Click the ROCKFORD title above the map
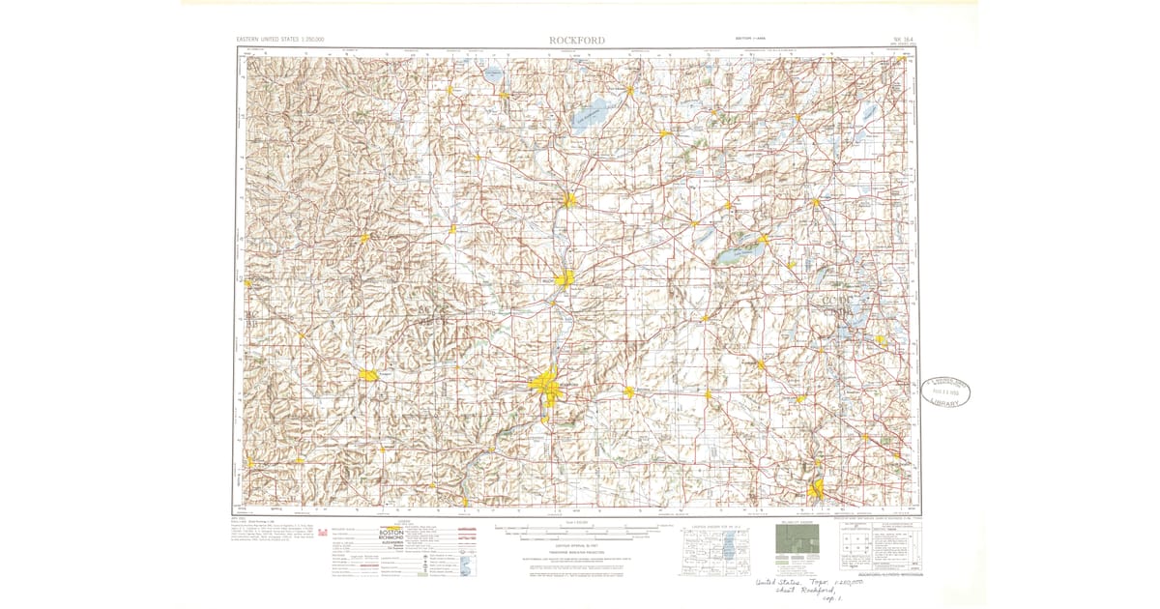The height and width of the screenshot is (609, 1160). [x=578, y=40]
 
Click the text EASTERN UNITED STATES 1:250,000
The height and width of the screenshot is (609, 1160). [x=280, y=40]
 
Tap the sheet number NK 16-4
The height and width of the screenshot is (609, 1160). [x=901, y=41]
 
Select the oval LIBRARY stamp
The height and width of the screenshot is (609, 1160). [x=944, y=391]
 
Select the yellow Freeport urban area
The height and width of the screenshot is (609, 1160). [x=369, y=375]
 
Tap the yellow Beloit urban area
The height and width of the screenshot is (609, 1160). [x=565, y=278]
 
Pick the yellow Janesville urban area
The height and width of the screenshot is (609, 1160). [x=570, y=200]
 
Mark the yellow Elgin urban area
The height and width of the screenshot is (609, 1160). [x=818, y=489]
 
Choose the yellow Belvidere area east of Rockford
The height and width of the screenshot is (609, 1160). [x=629, y=391]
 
